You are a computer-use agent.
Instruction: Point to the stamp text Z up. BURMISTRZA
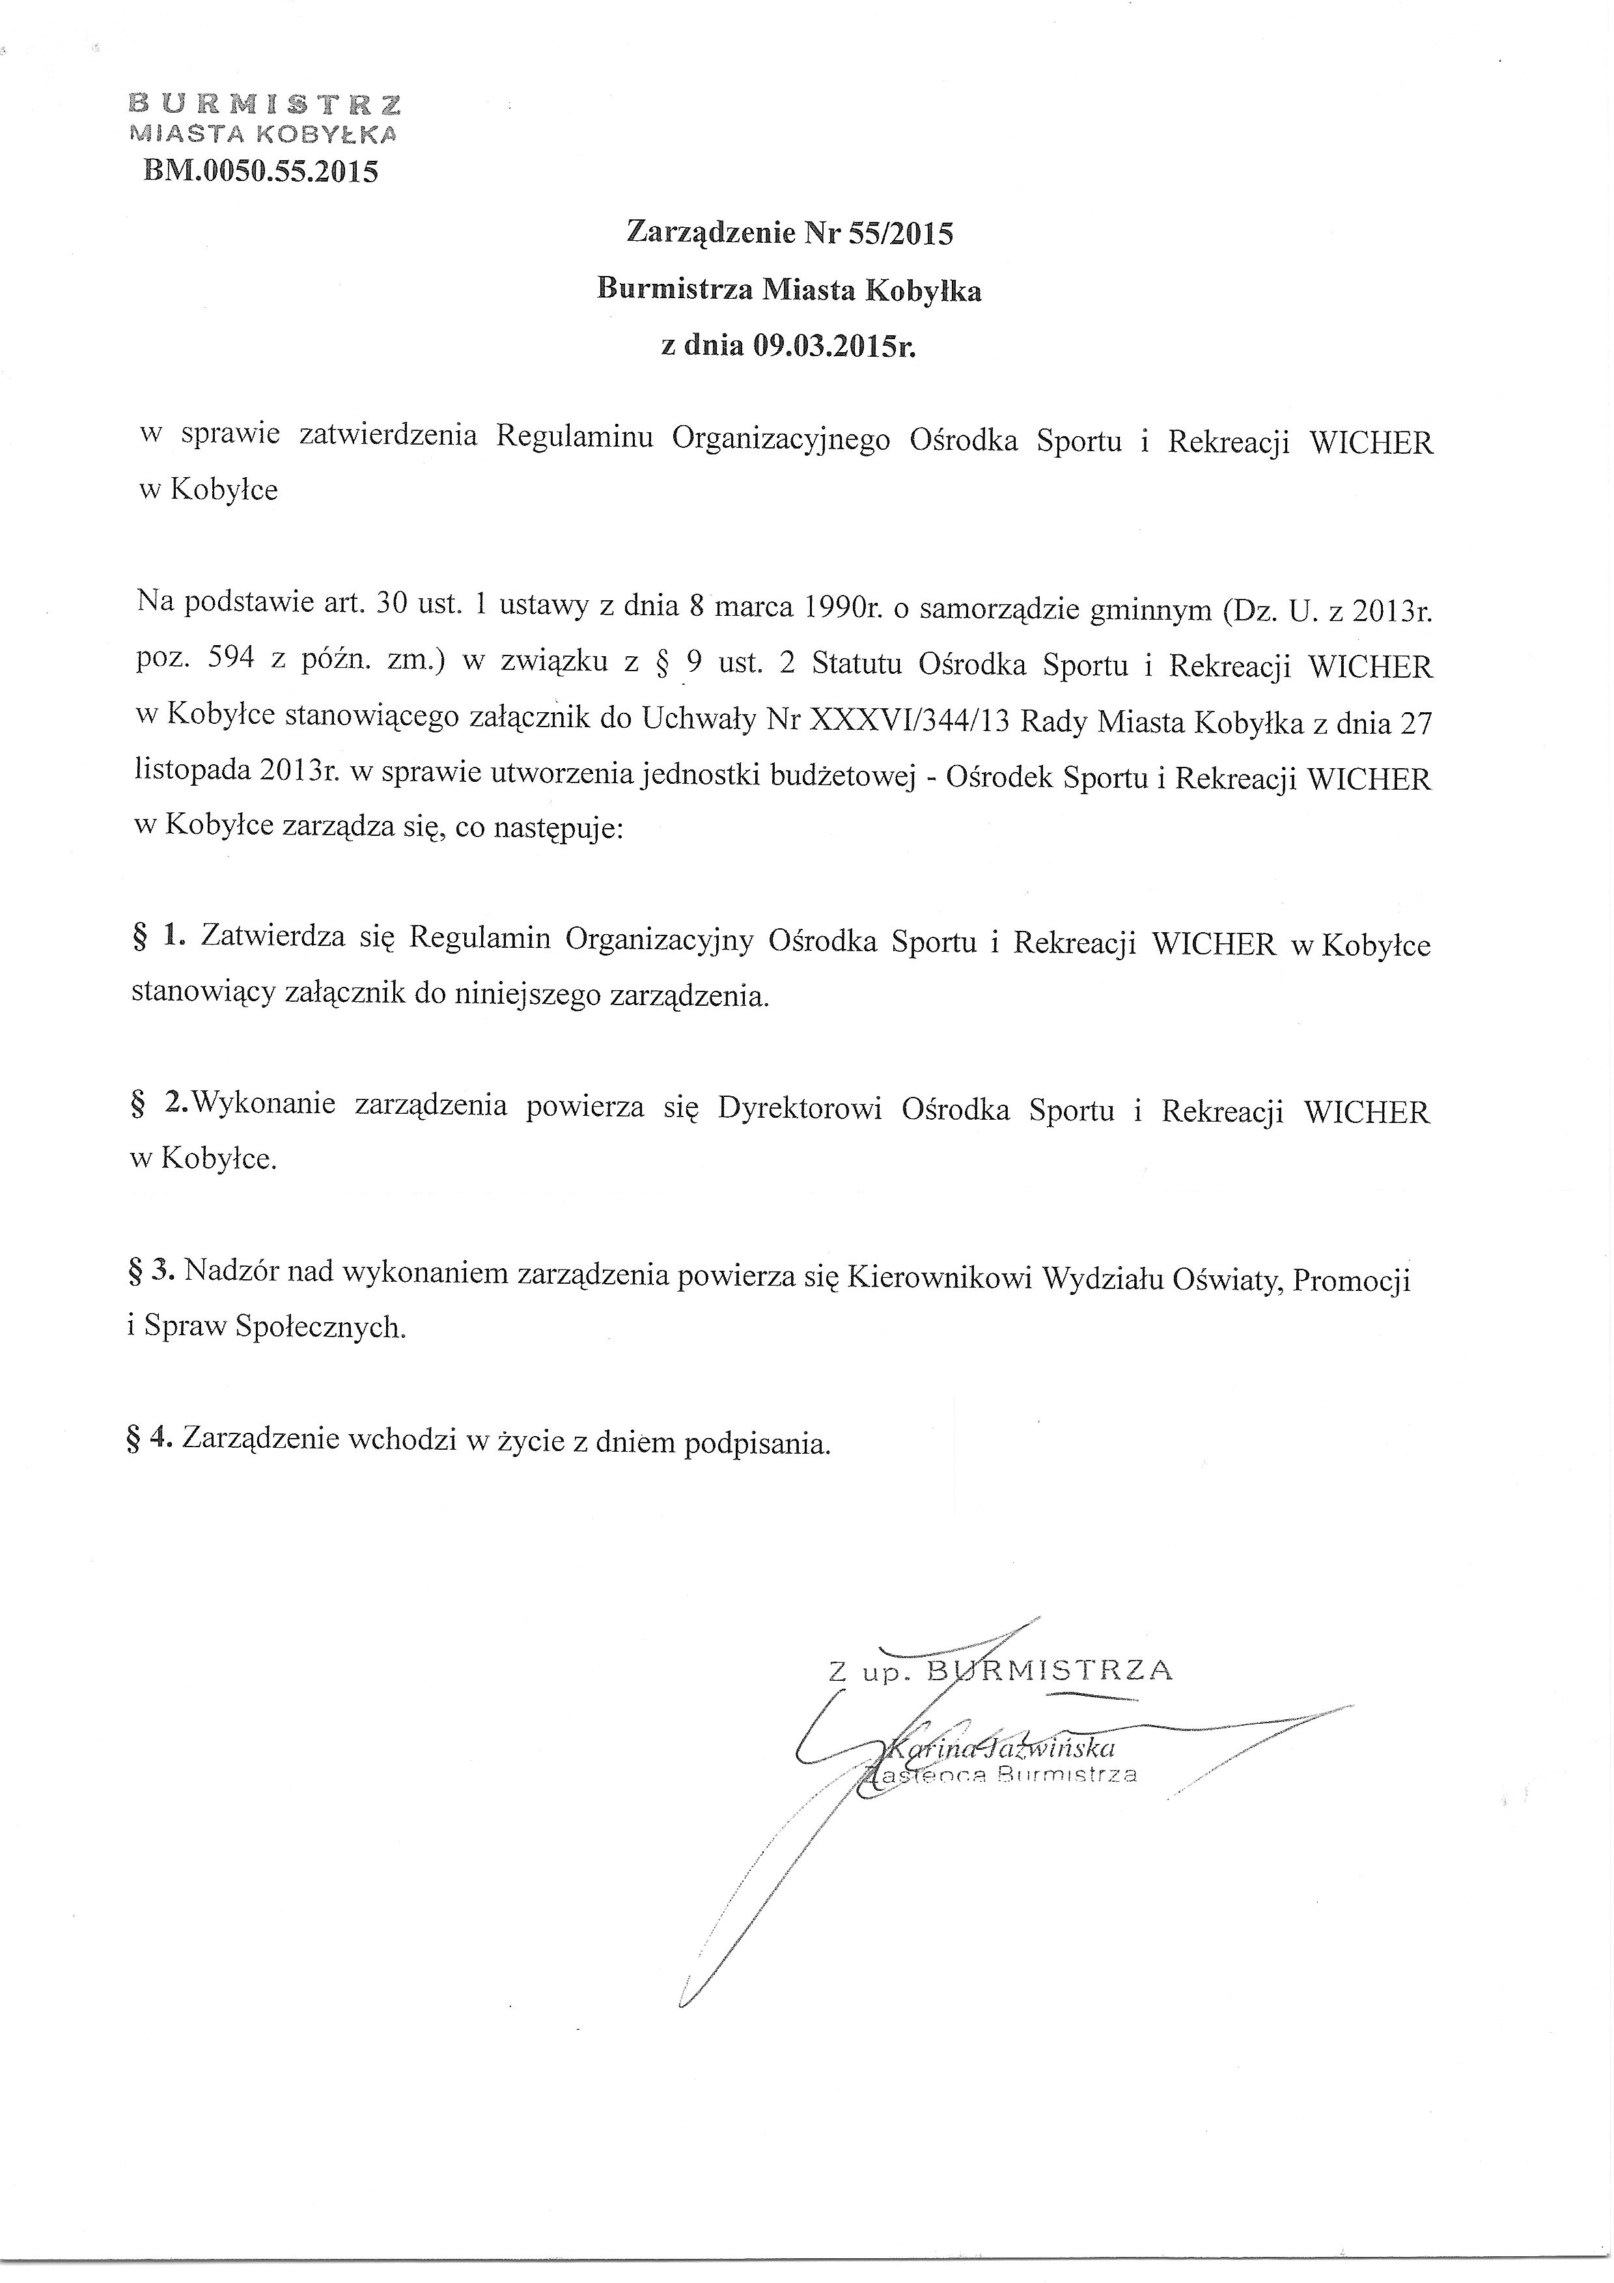pyautogui.click(x=1001, y=1670)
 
